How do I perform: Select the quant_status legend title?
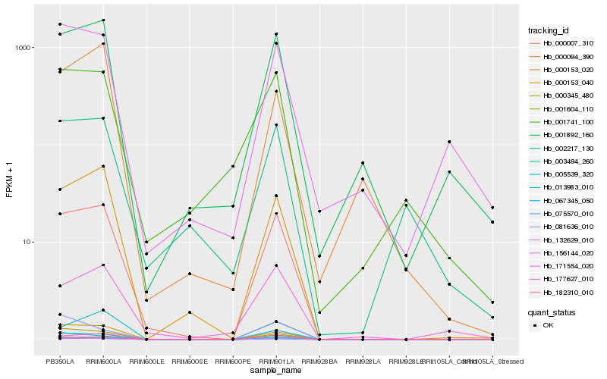point(552,312)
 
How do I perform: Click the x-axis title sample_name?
point(276,371)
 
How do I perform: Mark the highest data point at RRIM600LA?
point(103,20)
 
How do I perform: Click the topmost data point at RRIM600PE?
point(233,166)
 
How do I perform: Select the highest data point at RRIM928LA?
point(363,163)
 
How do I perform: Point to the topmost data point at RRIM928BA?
point(319,211)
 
